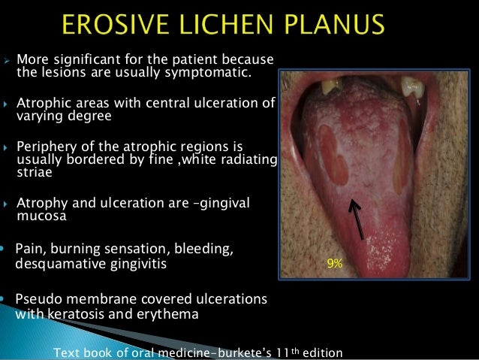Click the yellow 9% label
pyautogui.click(x=333, y=264)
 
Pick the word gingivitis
pyautogui.click(x=145, y=264)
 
